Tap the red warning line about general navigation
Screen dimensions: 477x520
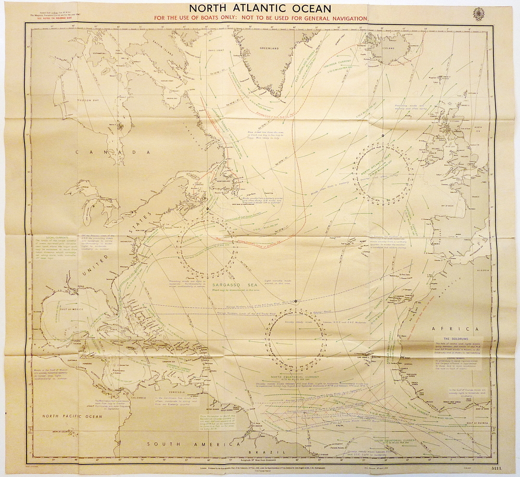[x=260, y=18]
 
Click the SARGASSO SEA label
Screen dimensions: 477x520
[x=232, y=285]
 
